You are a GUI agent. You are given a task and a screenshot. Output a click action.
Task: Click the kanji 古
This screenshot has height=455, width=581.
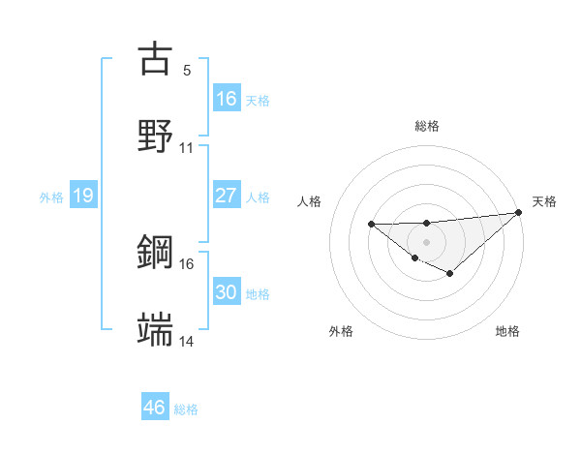(155, 58)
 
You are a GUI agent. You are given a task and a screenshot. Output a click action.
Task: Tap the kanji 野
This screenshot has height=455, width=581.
(155, 136)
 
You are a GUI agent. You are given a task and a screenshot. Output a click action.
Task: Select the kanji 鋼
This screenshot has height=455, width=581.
(155, 252)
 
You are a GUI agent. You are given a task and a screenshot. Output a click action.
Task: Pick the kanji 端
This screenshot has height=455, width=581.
(155, 329)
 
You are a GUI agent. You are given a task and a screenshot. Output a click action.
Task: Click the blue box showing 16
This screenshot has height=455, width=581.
(226, 99)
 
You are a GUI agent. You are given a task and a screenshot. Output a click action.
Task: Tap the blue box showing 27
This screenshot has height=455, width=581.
(226, 196)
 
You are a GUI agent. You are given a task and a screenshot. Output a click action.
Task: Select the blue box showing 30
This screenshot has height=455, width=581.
(226, 292)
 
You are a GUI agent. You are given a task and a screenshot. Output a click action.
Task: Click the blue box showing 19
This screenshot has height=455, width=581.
(82, 196)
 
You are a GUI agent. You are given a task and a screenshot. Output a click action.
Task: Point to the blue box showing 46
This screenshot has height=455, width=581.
(155, 408)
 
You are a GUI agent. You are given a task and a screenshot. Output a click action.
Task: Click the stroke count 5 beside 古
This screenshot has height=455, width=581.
(187, 70)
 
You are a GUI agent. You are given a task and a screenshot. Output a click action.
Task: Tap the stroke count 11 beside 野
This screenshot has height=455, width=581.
(187, 148)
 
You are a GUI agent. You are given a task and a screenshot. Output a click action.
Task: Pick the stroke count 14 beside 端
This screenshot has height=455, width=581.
(187, 341)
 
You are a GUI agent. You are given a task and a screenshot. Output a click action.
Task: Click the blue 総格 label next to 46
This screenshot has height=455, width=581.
(186, 409)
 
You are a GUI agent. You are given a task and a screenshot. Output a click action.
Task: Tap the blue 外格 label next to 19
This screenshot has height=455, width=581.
(51, 197)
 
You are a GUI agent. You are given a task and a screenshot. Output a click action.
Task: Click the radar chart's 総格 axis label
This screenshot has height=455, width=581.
(427, 126)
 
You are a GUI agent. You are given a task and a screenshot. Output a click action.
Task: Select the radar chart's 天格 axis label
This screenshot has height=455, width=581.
(544, 201)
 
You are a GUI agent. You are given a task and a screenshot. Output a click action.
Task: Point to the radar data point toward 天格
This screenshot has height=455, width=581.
(520, 212)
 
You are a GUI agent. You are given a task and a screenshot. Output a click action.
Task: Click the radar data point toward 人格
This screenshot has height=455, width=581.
(372, 225)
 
